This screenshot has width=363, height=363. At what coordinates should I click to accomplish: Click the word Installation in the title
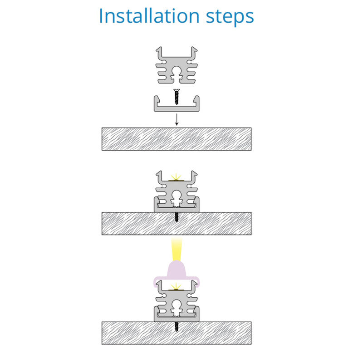(x=149, y=16)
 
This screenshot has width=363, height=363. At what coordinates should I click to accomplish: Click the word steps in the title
(x=230, y=18)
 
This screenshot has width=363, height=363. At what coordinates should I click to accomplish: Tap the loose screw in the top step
(x=177, y=97)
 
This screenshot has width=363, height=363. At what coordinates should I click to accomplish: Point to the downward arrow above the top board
(x=177, y=119)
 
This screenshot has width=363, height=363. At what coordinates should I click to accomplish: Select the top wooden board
(x=177, y=139)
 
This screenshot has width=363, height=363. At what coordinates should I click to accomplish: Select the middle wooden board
(x=177, y=224)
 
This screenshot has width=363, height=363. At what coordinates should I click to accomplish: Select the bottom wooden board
(x=177, y=333)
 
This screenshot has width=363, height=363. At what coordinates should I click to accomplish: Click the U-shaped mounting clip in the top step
(x=177, y=108)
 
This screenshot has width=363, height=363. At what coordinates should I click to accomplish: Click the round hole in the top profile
(x=177, y=71)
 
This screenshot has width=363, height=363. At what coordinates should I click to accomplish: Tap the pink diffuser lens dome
(x=177, y=269)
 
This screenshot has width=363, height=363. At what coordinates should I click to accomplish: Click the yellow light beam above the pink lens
(x=177, y=249)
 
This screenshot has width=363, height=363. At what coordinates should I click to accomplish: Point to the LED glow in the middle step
(x=177, y=177)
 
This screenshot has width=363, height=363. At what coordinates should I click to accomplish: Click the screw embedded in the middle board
(x=177, y=217)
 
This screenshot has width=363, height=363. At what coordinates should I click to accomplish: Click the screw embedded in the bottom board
(x=177, y=326)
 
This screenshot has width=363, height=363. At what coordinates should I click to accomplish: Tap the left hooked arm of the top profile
(x=159, y=53)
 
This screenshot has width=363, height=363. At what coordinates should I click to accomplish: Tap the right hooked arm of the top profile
(x=194, y=53)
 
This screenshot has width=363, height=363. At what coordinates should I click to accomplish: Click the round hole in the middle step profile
(x=177, y=195)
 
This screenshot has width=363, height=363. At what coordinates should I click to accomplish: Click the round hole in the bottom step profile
(x=177, y=304)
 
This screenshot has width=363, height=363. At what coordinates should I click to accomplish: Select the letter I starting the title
(x=101, y=16)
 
